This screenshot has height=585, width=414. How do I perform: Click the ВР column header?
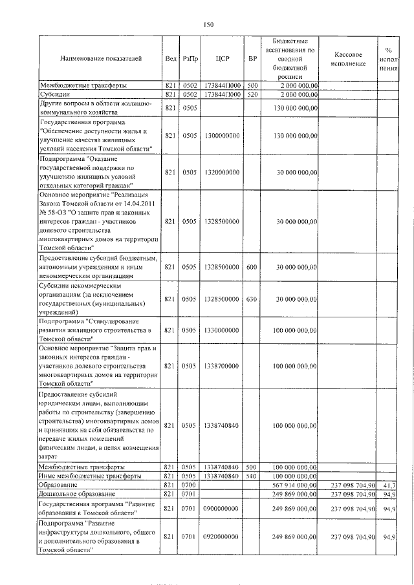point(253,59)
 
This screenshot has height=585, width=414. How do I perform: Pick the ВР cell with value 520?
point(253,94)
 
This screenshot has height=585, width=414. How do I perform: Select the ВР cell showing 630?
point(253,299)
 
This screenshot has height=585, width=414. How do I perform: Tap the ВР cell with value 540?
point(253,476)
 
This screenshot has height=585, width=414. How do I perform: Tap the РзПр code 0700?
point(189,485)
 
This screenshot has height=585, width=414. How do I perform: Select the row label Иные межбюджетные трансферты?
point(91,476)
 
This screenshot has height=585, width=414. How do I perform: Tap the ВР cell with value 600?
point(253,267)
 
